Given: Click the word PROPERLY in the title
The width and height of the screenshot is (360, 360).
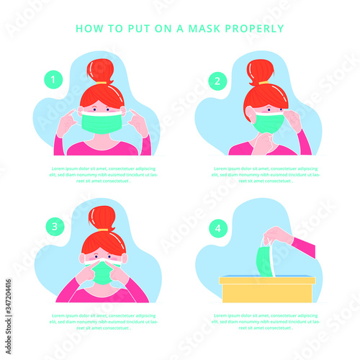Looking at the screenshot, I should pos(260,30).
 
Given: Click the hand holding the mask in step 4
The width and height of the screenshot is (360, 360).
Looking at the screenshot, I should pos(278,235).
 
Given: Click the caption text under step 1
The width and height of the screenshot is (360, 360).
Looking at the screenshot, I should pos(100,175).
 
